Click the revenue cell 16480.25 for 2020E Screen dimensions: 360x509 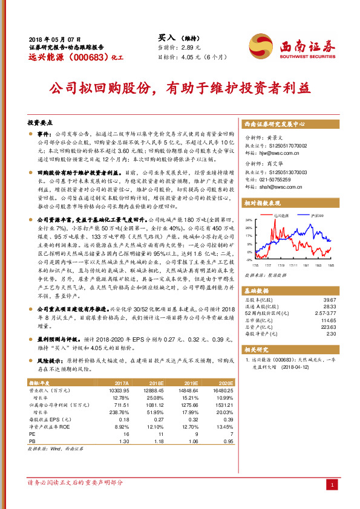tap(222, 392)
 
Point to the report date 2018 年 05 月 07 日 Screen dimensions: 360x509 tap(55, 38)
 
